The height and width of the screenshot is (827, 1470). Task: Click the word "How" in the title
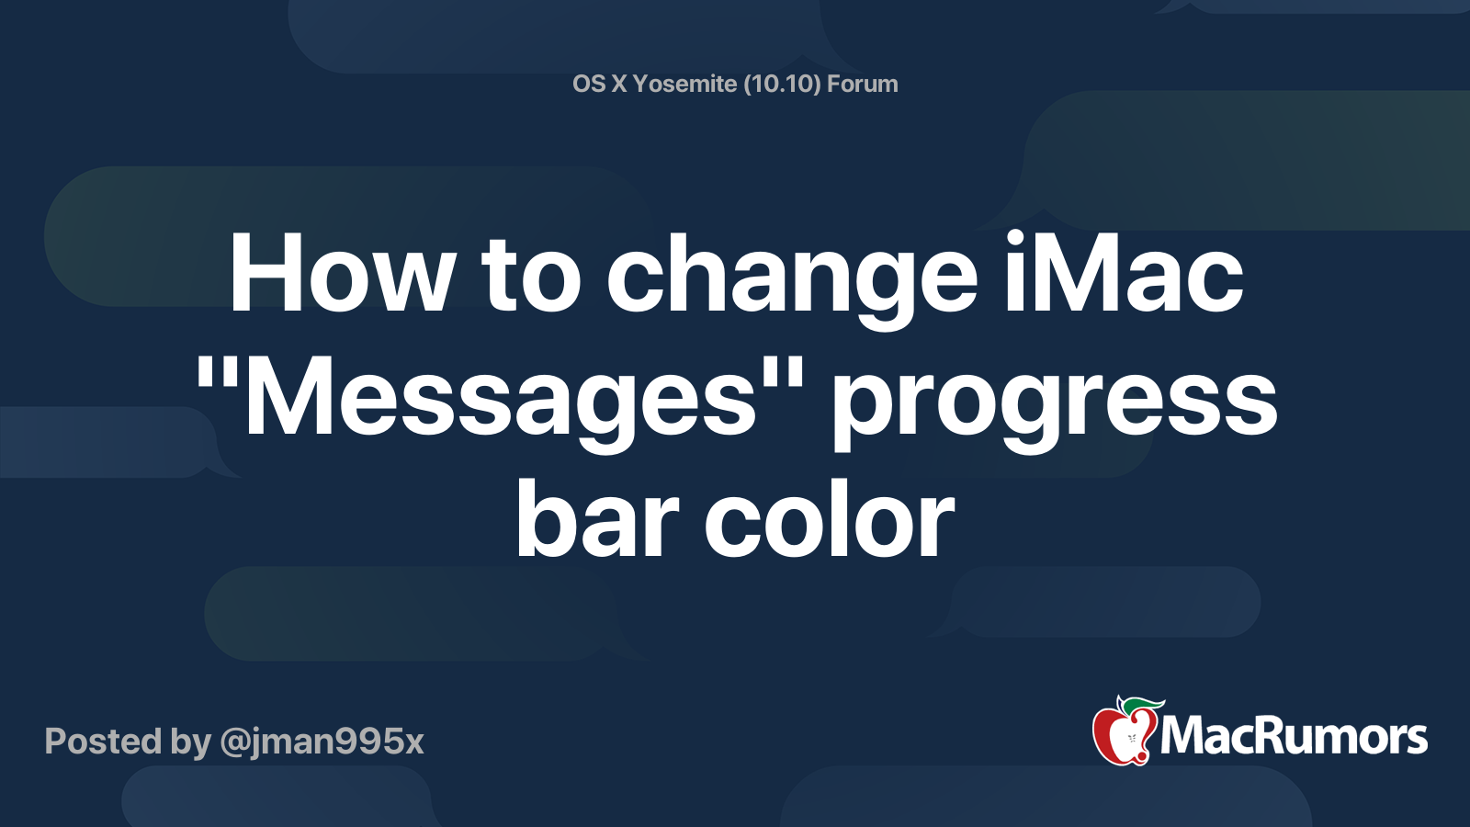[341, 275]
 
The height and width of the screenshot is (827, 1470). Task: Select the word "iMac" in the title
[1123, 275]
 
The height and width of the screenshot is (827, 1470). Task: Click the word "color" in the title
[830, 521]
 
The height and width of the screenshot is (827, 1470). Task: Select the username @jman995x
[322, 742]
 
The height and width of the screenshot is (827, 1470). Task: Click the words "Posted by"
[128, 742]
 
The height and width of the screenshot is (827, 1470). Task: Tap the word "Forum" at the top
[862, 84]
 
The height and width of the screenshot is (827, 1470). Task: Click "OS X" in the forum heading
[599, 84]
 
